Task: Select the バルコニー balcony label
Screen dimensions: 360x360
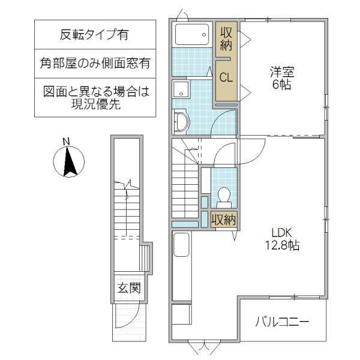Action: [x=282, y=322]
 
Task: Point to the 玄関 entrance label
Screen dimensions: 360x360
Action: [x=128, y=289]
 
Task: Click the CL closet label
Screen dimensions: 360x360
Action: [x=226, y=77]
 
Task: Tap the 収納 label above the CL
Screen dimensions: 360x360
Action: [x=226, y=38]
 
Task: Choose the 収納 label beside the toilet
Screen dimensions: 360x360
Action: [x=224, y=219]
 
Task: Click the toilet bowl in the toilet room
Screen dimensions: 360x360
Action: [x=224, y=196]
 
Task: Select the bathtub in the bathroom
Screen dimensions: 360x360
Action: [x=193, y=34]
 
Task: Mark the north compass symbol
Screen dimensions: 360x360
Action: [x=69, y=162]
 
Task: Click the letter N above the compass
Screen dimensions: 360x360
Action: [x=67, y=142]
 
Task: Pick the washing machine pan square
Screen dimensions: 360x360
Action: [x=181, y=90]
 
